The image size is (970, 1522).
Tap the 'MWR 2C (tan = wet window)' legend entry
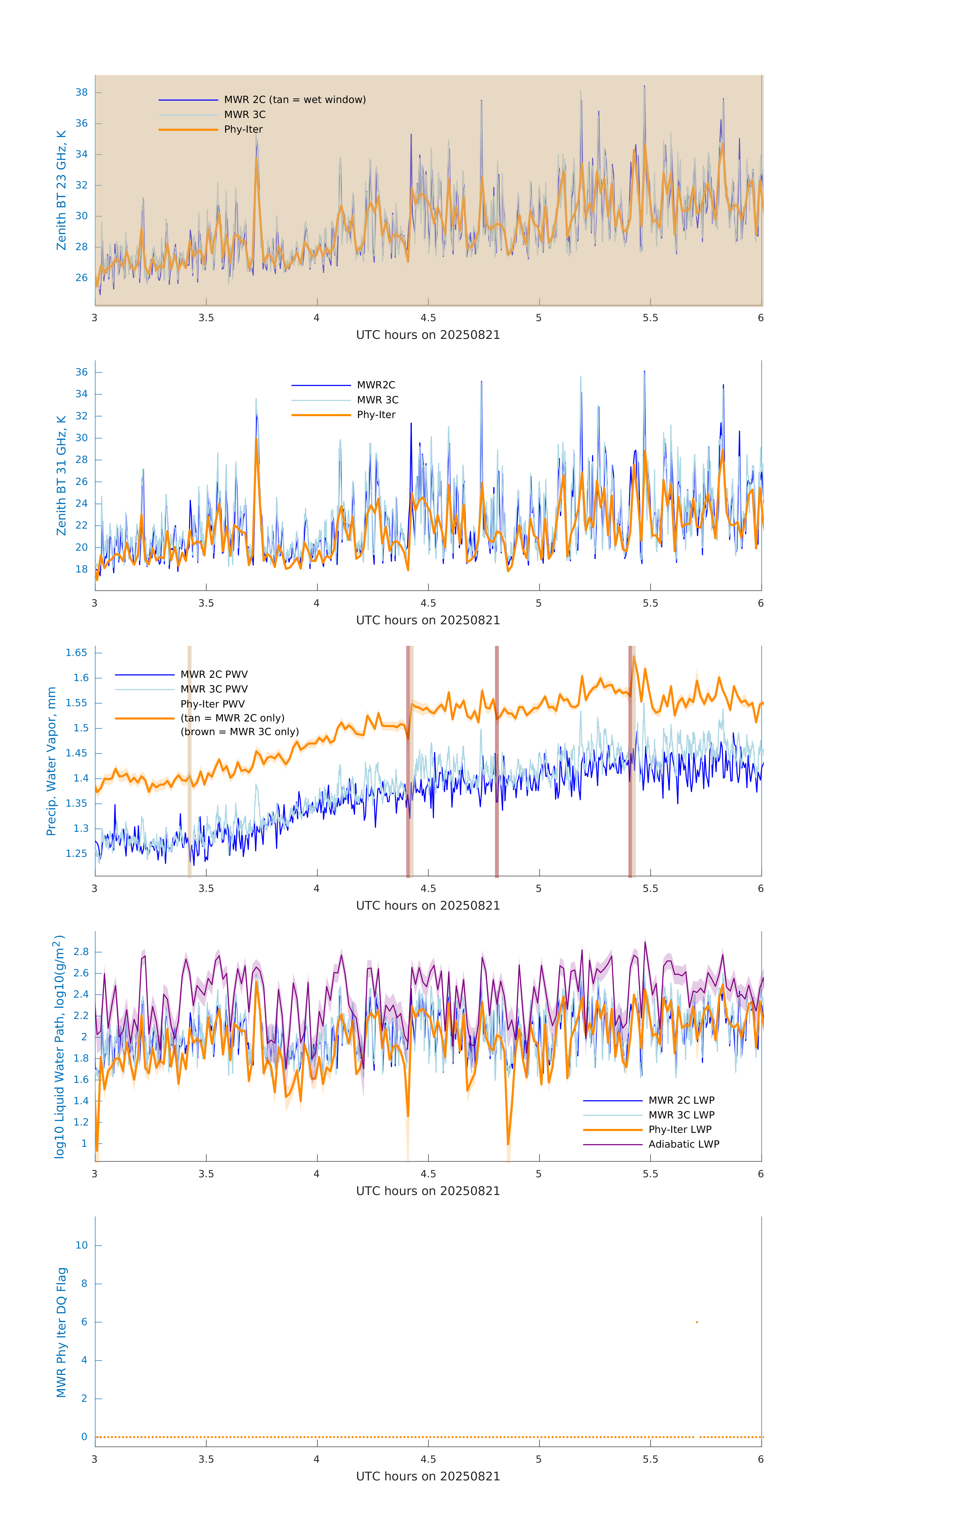coord(294,100)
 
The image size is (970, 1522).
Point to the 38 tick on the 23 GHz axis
coord(81,92)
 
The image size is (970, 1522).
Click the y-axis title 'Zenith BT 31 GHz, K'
coord(61,475)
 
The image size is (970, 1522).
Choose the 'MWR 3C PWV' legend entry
coord(214,689)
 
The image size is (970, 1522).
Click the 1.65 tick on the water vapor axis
coord(77,653)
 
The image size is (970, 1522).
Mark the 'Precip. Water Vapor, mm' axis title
coord(51,761)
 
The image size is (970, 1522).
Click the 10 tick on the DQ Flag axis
coord(81,1245)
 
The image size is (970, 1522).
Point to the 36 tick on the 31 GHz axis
coord(81,372)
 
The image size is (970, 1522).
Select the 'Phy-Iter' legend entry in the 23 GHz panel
coord(243,130)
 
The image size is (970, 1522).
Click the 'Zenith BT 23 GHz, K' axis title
coord(61,190)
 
